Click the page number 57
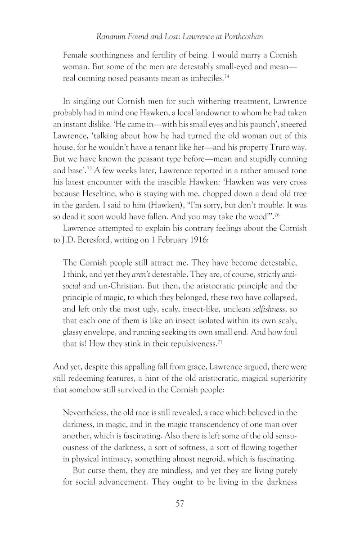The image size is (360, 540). coord(180,504)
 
